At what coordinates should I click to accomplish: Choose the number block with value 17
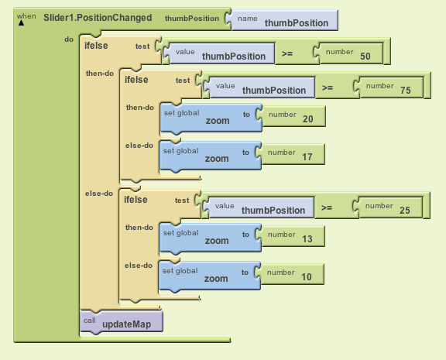(290, 154)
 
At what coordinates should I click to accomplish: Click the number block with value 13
(290, 236)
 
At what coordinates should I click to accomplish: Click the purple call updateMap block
(122, 321)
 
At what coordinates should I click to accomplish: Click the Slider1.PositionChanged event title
(98, 18)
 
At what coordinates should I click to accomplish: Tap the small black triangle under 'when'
(21, 22)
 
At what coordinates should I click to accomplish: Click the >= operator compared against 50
(287, 53)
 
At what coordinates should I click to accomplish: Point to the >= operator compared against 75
(328, 87)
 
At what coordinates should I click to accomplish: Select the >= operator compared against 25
(327, 207)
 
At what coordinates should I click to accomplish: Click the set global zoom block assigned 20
(211, 118)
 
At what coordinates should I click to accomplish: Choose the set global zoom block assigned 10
(210, 276)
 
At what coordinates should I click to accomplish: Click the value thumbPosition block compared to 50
(219, 53)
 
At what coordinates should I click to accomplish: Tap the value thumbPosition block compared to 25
(259, 207)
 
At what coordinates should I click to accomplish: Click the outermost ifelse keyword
(96, 46)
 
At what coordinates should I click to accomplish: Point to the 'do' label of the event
(69, 39)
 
